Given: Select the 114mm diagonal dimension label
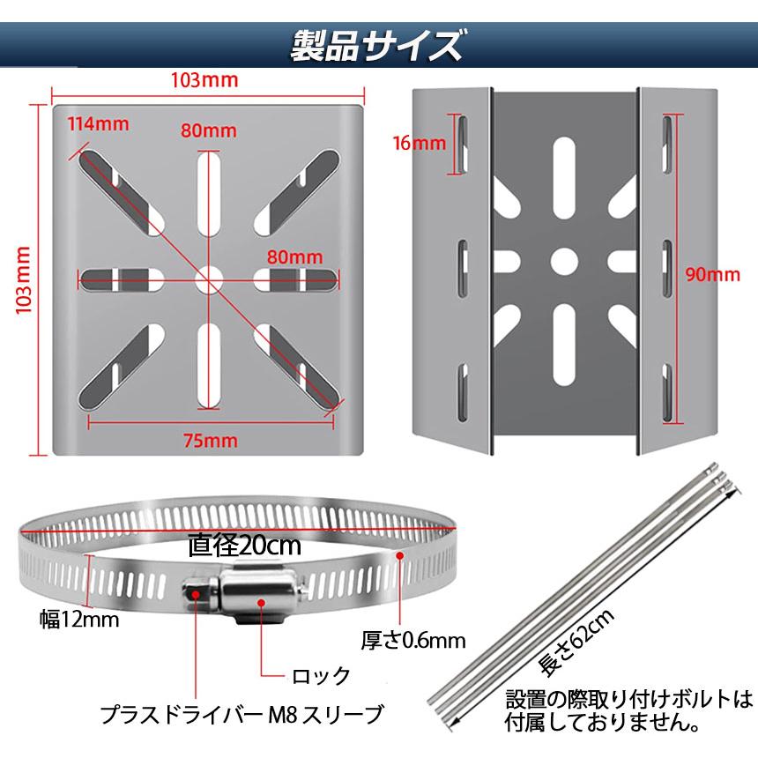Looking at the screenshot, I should [x=99, y=123].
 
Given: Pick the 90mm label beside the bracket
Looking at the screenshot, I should [x=713, y=274].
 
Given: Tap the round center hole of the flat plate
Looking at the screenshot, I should [x=209, y=280].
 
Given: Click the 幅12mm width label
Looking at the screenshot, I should [x=79, y=620].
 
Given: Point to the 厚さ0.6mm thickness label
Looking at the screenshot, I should [x=413, y=639].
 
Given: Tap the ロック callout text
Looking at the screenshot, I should [x=321, y=676].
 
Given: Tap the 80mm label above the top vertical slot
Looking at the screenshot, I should [x=209, y=130].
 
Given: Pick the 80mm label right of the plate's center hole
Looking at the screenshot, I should [x=291, y=257].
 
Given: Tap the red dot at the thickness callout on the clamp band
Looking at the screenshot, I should [x=400, y=555].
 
